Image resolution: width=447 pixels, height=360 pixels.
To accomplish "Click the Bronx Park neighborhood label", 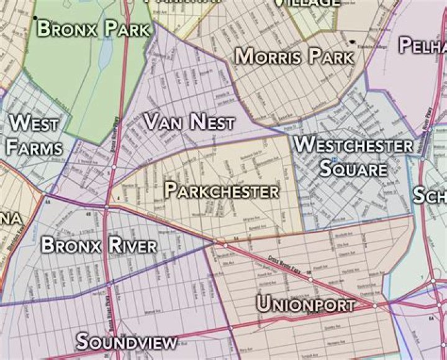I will pyautogui.click(x=93, y=28).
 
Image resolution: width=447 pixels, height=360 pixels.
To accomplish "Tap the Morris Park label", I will pyautogui.click(x=294, y=57).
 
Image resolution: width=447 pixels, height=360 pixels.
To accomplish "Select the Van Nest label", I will pyautogui.click(x=189, y=122).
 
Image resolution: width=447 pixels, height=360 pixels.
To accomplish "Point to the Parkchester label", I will pyautogui.click(x=221, y=191).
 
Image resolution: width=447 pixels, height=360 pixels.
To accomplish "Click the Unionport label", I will pyautogui.click(x=305, y=305).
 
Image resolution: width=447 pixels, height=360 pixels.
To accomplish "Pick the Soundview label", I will pyautogui.click(x=127, y=341).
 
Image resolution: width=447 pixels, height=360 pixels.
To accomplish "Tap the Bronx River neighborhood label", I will pyautogui.click(x=99, y=245).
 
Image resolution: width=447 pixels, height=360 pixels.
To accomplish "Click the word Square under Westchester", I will pyautogui.click(x=353, y=169).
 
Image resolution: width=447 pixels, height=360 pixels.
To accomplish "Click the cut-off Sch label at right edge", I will pyautogui.click(x=430, y=196).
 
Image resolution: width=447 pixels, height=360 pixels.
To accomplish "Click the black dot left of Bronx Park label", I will pyautogui.click(x=35, y=17).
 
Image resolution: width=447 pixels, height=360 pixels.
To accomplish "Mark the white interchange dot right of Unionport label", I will pyautogui.click(x=375, y=305).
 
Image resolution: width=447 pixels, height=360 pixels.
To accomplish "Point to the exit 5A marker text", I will pyautogui.click(x=237, y=238).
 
